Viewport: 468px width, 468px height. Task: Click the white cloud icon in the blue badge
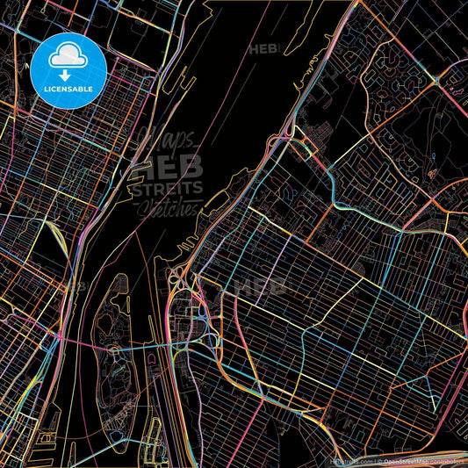[x=68, y=56]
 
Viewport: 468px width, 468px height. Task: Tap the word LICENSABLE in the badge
[x=68, y=90]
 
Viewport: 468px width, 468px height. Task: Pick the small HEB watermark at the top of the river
[x=265, y=49]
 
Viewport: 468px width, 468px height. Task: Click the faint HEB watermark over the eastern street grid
[x=258, y=285]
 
